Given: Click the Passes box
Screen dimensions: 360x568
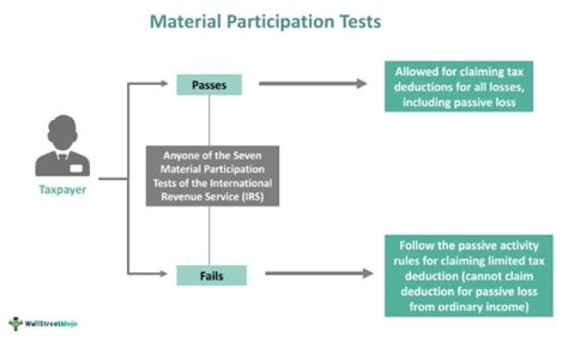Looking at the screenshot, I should pos(208,84).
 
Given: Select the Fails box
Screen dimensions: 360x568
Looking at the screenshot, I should pos(211,275).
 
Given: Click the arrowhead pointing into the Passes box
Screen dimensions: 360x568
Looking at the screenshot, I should pos(170,81).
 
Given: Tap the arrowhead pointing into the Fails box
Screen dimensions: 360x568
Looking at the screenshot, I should pos(170,274).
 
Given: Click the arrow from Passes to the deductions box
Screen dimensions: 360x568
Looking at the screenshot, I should pos(312,83).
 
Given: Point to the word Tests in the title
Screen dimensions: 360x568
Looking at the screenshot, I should pos(354,21).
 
